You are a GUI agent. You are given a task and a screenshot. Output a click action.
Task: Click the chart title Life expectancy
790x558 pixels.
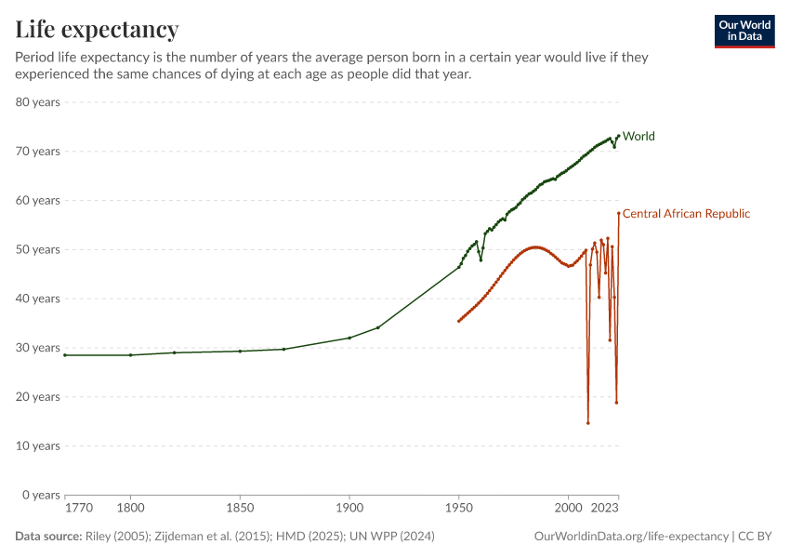[x=97, y=30]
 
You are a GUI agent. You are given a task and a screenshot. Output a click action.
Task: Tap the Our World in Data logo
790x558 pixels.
[x=744, y=31]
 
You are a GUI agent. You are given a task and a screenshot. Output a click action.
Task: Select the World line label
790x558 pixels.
[x=639, y=136]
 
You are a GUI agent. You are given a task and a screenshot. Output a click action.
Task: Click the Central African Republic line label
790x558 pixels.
[x=686, y=214]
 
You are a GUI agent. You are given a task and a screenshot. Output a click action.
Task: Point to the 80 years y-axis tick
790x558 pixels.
[x=38, y=102]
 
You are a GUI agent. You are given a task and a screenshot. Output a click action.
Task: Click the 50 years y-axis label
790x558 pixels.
[x=38, y=249]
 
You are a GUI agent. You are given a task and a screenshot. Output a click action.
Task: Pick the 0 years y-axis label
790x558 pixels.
[x=42, y=495]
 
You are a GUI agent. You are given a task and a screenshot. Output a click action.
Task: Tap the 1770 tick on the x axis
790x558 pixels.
[x=78, y=509]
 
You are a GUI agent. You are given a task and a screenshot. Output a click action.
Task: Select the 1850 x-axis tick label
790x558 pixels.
[x=240, y=509]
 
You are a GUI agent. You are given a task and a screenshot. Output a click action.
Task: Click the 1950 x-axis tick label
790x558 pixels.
[x=458, y=509]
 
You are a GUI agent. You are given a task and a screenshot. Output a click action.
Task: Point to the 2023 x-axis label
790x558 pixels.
[x=605, y=509]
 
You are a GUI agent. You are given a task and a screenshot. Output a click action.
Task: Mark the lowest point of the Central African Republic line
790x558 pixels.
[x=588, y=423]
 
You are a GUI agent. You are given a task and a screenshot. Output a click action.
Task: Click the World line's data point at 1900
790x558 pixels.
[x=349, y=338]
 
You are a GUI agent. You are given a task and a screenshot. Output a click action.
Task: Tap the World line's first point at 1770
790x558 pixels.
[x=65, y=355]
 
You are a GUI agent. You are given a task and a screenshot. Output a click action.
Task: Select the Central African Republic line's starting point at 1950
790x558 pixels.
[x=458, y=321]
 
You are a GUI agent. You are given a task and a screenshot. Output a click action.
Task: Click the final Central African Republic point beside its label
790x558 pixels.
[x=618, y=213]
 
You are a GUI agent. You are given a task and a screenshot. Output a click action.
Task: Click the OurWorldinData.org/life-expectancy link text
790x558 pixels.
[x=632, y=537]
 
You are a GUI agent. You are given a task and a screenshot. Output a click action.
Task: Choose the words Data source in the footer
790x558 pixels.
[x=48, y=537]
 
